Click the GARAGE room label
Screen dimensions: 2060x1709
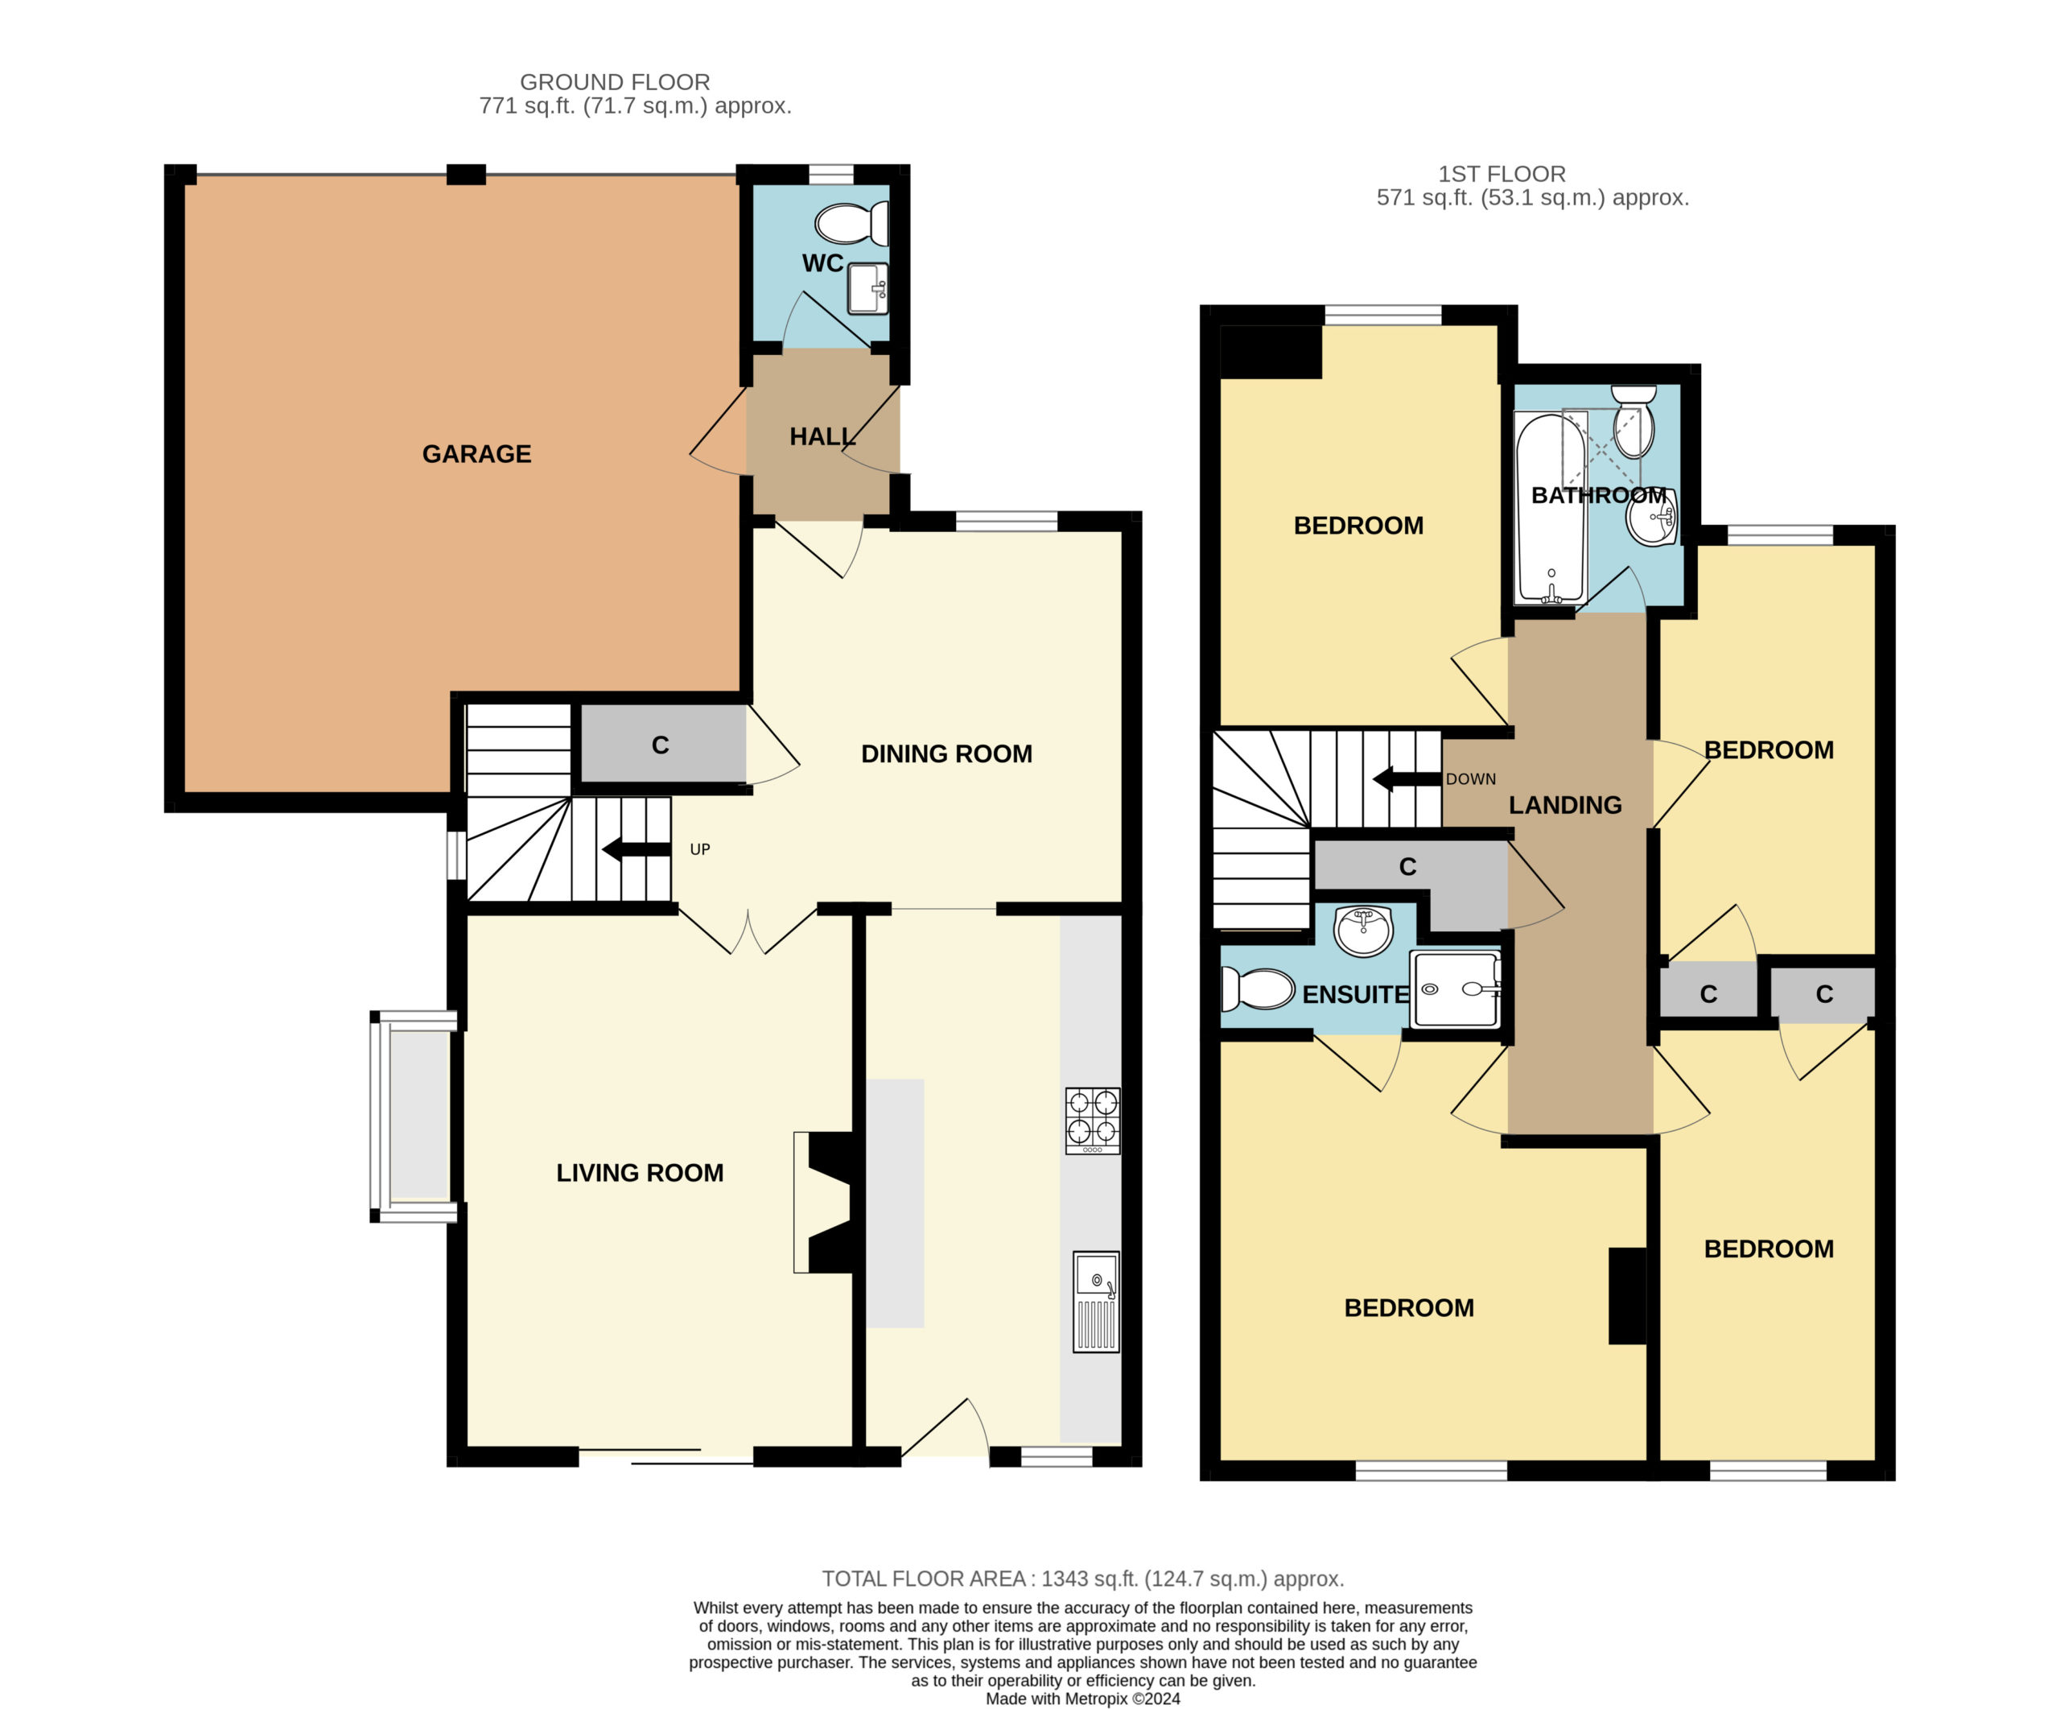coord(476,453)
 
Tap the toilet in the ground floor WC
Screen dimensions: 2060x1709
coord(851,223)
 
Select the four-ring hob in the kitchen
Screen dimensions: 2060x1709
coord(1093,1120)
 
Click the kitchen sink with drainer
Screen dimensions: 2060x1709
coord(1096,1302)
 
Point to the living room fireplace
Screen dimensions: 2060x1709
coord(823,1203)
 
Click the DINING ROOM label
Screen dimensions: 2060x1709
coord(946,753)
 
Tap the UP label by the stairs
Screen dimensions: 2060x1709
coord(699,849)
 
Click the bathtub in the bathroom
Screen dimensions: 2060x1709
coord(1550,508)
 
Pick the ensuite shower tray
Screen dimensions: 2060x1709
coord(1456,989)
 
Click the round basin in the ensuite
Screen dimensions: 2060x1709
coord(1362,930)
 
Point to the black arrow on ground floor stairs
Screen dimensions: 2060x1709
coord(636,849)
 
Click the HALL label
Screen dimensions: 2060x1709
coord(822,436)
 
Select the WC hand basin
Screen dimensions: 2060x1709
coord(868,288)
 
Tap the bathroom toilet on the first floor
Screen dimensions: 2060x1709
coord(1634,422)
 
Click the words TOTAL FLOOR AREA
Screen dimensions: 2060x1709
coord(923,1579)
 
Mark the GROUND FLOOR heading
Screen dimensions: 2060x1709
coord(615,82)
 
